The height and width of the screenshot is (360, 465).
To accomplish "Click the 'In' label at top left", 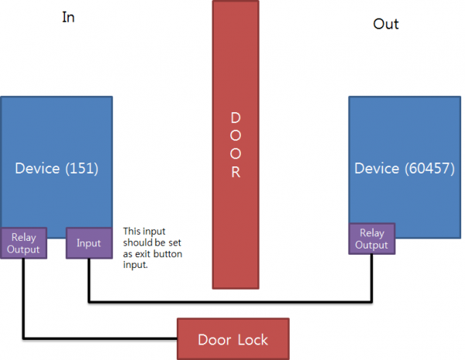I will pyautogui.click(x=68, y=17).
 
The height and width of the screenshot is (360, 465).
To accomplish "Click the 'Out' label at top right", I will pyautogui.click(x=385, y=24).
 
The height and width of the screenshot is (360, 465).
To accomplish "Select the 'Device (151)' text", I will pyautogui.click(x=57, y=168).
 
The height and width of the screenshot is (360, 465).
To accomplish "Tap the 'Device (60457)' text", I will pyautogui.click(x=404, y=168).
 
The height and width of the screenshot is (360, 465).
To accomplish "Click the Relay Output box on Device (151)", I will pyautogui.click(x=25, y=242).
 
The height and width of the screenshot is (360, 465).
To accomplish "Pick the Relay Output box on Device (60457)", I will pyautogui.click(x=372, y=238).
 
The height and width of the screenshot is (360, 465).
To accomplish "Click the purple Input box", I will pyautogui.click(x=88, y=243).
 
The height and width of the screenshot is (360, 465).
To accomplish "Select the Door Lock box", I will pyautogui.click(x=233, y=339).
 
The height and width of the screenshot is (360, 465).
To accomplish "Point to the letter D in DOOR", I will pyautogui.click(x=236, y=118).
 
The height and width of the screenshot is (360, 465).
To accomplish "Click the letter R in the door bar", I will pyautogui.click(x=236, y=173).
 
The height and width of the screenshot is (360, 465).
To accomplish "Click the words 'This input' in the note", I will pyautogui.click(x=143, y=231).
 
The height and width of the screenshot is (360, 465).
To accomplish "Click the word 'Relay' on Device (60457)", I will pyautogui.click(x=372, y=231).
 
